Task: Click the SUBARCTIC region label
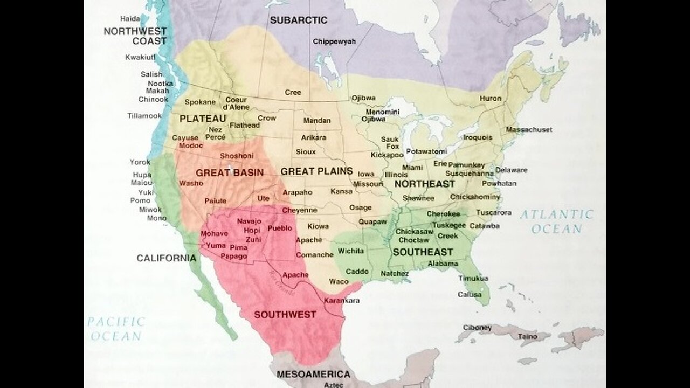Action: coord(298,20)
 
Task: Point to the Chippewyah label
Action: coord(334,41)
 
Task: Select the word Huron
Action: coord(491,99)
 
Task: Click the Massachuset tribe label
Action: coord(529,130)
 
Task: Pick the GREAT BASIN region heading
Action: coord(230,172)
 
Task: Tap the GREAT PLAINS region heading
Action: coord(316,171)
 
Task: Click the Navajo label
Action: coord(249,221)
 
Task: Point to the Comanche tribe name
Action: coord(315,254)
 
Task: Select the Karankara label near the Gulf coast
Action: coord(342,300)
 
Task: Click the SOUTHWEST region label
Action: coord(285,315)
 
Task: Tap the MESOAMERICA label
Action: coord(313,374)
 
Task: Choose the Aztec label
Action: coord(334,385)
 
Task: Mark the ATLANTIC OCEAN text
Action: coord(556,221)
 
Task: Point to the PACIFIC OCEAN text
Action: coord(116,329)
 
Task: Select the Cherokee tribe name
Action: coord(443,214)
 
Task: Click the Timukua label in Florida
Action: coord(473,279)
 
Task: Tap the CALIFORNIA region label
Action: coord(166,258)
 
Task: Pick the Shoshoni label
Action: coord(237,156)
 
